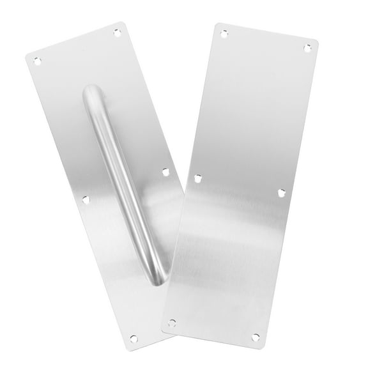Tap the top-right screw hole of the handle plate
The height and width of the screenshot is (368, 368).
click(117, 31)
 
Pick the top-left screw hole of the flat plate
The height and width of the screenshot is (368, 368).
click(223, 30)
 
